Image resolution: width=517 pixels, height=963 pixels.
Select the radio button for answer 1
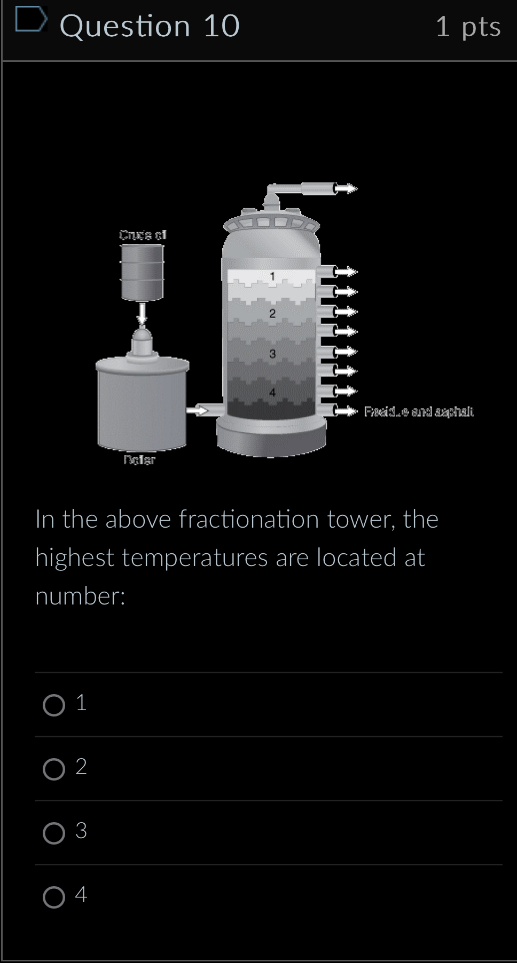coord(54,705)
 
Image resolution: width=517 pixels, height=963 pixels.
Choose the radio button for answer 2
coord(54,769)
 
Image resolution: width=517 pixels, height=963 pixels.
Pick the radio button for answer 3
coord(54,833)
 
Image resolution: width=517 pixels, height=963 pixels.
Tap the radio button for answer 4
coord(54,897)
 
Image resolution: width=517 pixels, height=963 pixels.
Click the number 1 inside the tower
coord(272,276)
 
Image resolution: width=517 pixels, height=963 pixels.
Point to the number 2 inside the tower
coord(272,314)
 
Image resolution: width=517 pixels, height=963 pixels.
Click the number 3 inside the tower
coord(272,354)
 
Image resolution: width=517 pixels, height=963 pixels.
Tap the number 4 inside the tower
coord(272,393)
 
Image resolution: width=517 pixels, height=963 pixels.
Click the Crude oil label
coord(143,235)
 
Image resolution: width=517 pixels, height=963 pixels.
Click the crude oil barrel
coord(142,272)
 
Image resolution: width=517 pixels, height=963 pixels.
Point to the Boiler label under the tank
coord(139,460)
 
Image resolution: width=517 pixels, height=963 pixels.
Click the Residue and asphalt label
coord(419,411)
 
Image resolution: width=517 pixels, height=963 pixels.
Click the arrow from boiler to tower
coord(197,410)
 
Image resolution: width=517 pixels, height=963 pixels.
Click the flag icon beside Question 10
coord(30,20)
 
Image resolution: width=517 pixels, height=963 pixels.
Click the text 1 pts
coord(468,26)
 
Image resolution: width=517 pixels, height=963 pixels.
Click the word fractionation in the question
coord(248,519)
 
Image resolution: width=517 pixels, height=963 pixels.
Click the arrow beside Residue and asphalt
coord(346,411)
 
